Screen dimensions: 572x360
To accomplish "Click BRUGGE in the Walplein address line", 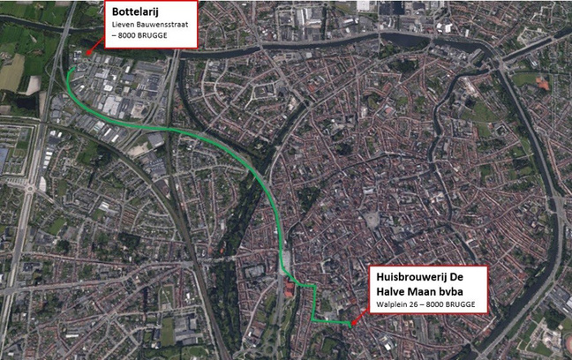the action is (x=463, y=305).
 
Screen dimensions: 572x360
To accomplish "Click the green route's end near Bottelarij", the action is (x=68, y=69).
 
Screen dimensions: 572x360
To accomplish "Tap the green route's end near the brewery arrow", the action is (x=347, y=324).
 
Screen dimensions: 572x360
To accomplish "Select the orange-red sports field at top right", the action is (x=542, y=84).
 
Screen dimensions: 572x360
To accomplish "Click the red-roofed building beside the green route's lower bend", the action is (x=290, y=289).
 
